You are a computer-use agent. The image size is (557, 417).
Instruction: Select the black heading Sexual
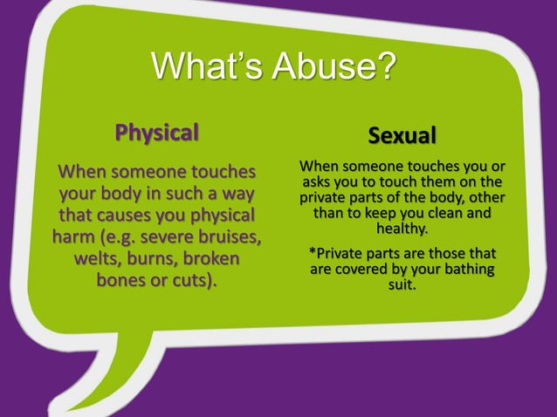(x=402, y=137)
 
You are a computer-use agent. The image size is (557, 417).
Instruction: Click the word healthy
(x=402, y=229)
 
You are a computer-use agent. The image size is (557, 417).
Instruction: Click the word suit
(x=402, y=284)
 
